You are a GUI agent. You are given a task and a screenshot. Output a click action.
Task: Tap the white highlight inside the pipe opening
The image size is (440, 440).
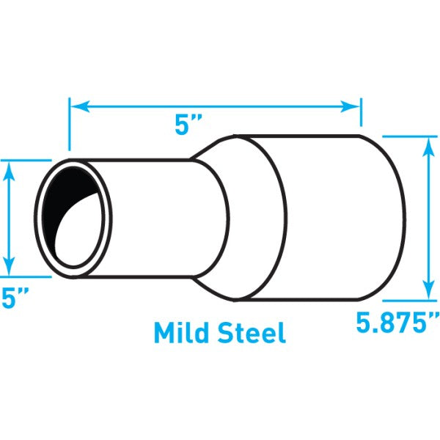pos(82,235)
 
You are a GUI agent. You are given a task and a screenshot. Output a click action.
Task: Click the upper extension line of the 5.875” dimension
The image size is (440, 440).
pos(408,136)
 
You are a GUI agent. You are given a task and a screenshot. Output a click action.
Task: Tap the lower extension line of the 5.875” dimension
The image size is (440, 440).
pos(408,300)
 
